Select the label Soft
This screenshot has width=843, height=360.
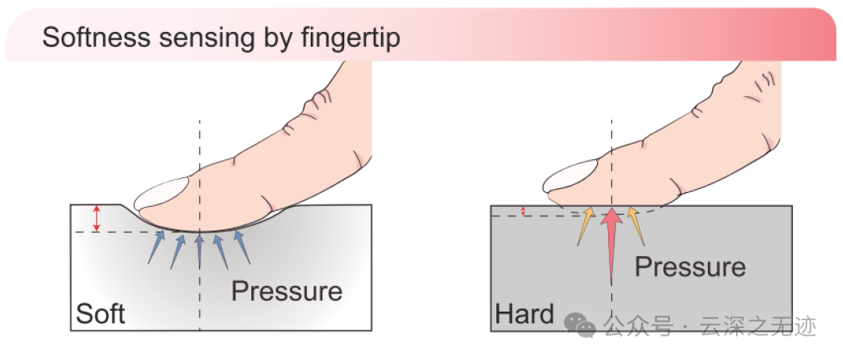(x=101, y=314)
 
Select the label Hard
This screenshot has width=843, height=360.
(x=525, y=315)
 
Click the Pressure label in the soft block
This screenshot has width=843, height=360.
(x=286, y=291)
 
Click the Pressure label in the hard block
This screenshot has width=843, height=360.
(x=690, y=266)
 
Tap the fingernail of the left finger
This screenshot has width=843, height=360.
(x=162, y=193)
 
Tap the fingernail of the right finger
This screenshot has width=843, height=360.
(x=571, y=176)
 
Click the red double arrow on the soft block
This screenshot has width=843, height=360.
(x=97, y=218)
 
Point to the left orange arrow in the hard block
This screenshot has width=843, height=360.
(x=585, y=226)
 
